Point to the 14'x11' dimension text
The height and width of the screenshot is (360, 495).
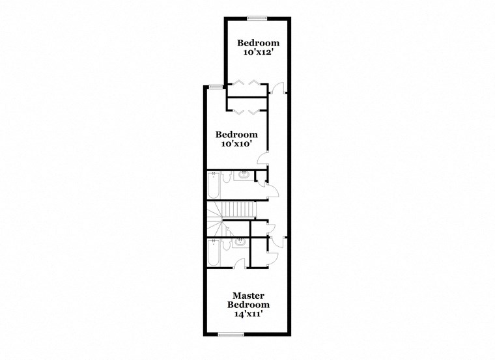(x=248, y=314)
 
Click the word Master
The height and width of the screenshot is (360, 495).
(x=248, y=295)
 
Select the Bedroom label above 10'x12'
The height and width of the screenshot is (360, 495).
(x=258, y=43)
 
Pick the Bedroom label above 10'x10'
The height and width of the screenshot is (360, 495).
(x=237, y=135)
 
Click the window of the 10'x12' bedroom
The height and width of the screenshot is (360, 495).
(x=257, y=18)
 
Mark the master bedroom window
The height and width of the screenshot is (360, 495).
(x=231, y=335)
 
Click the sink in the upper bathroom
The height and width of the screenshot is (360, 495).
(x=243, y=175)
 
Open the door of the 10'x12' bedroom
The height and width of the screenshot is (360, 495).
(x=277, y=89)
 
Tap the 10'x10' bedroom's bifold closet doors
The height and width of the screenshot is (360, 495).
(x=246, y=112)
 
